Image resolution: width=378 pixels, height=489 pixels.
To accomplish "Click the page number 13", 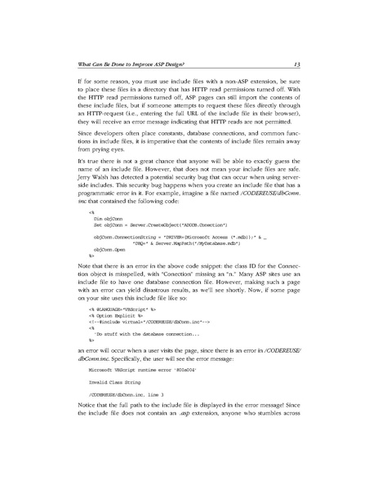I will (x=299, y=64).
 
